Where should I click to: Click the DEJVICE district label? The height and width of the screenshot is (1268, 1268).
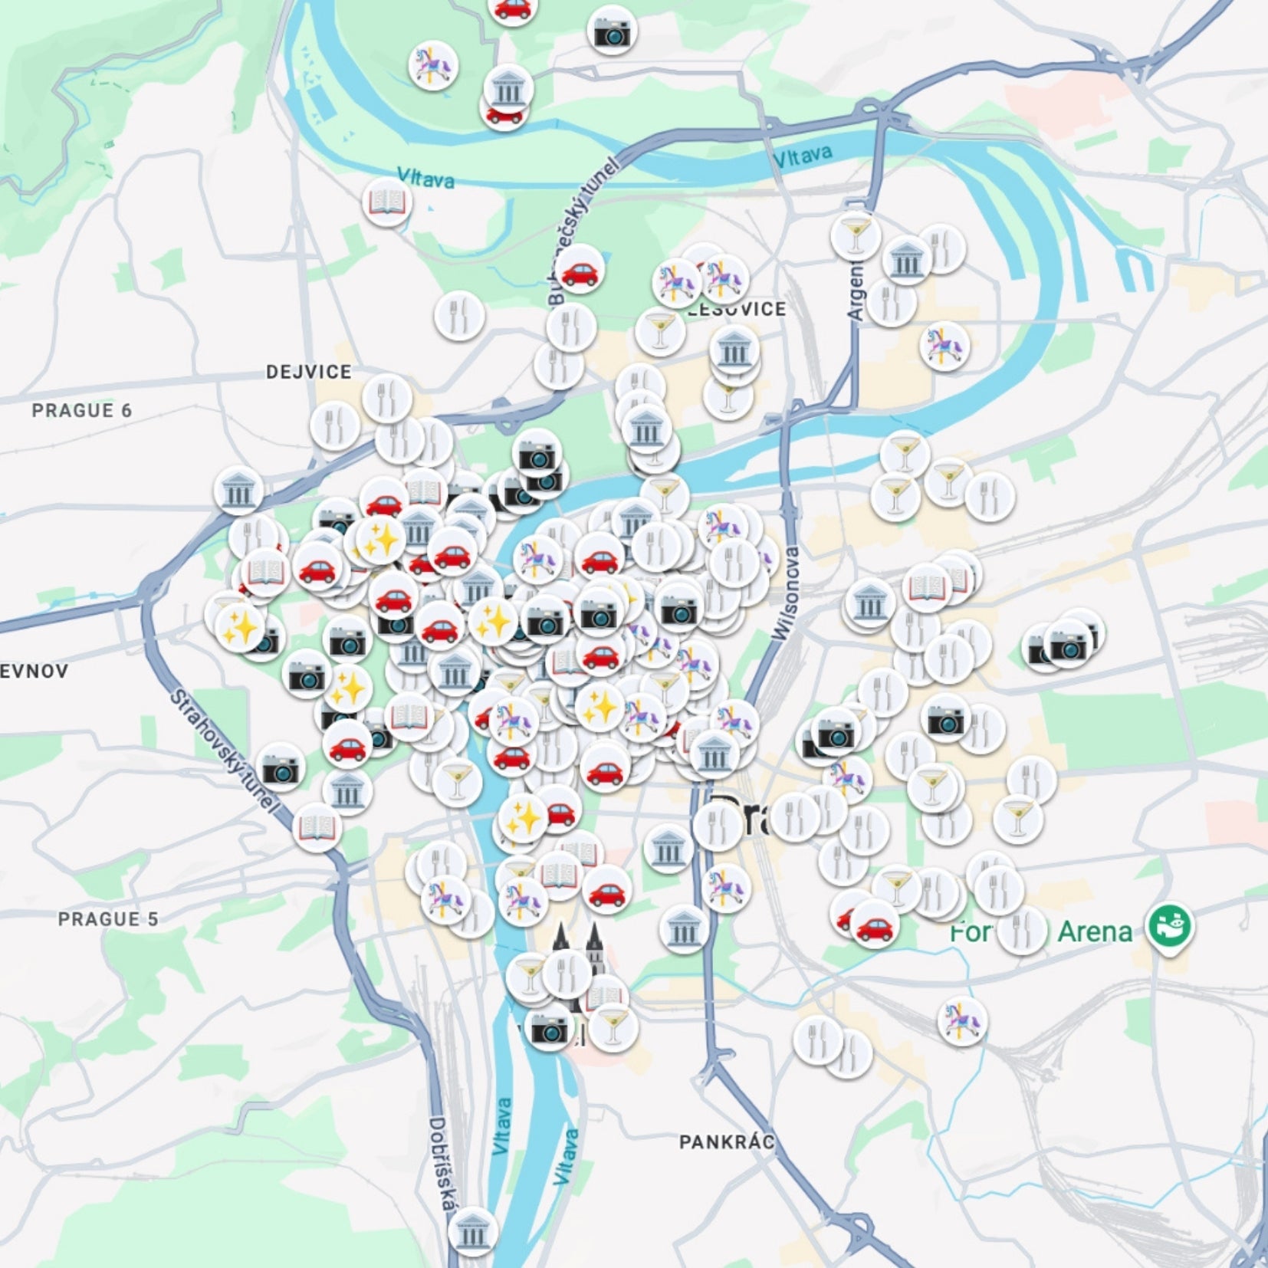click(308, 372)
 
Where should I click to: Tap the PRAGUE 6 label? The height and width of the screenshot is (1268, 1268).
click(81, 410)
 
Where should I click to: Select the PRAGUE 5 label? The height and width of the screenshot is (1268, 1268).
click(108, 918)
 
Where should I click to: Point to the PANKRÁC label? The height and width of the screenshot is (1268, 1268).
click(726, 1142)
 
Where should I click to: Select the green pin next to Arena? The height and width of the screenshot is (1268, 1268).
click(1169, 926)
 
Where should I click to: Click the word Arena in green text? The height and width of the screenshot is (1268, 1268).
click(1094, 931)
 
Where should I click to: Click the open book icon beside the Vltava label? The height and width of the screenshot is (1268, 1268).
click(387, 202)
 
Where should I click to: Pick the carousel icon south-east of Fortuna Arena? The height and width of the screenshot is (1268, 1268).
click(962, 1020)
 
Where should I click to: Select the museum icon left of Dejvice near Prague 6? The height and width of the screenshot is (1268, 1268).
click(238, 491)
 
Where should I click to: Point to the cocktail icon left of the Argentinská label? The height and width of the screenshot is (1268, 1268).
click(855, 235)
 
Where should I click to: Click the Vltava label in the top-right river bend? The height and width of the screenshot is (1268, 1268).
click(802, 156)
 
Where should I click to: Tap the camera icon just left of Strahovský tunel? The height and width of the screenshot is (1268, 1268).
click(281, 767)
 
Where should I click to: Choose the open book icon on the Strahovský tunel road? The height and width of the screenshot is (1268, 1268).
click(317, 827)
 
